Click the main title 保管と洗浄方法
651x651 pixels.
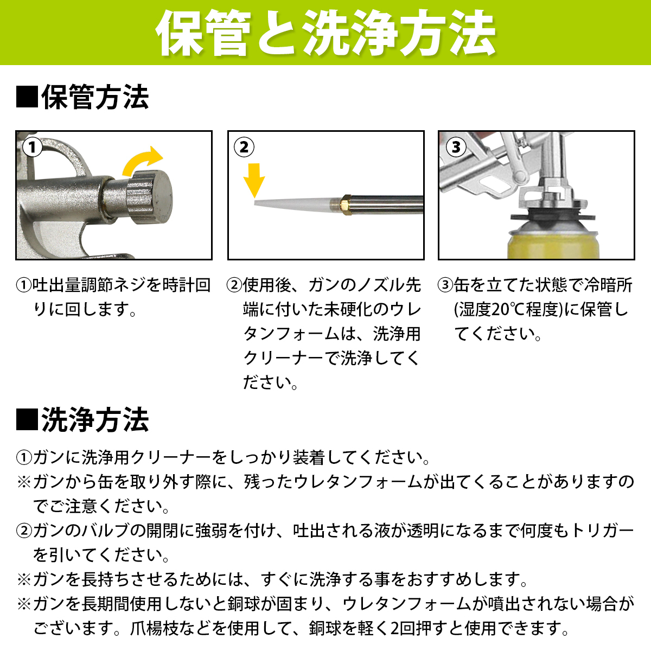[x=325, y=33]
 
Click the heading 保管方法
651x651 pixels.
[x=95, y=97]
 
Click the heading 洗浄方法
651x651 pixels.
[x=95, y=419]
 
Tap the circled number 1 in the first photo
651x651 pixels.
[x=32, y=148]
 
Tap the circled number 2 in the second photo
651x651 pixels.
[x=244, y=148]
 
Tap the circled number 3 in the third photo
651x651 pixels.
[x=456, y=148]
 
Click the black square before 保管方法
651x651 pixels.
[x=27, y=97]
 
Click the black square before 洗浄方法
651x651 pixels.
[x=27, y=419]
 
